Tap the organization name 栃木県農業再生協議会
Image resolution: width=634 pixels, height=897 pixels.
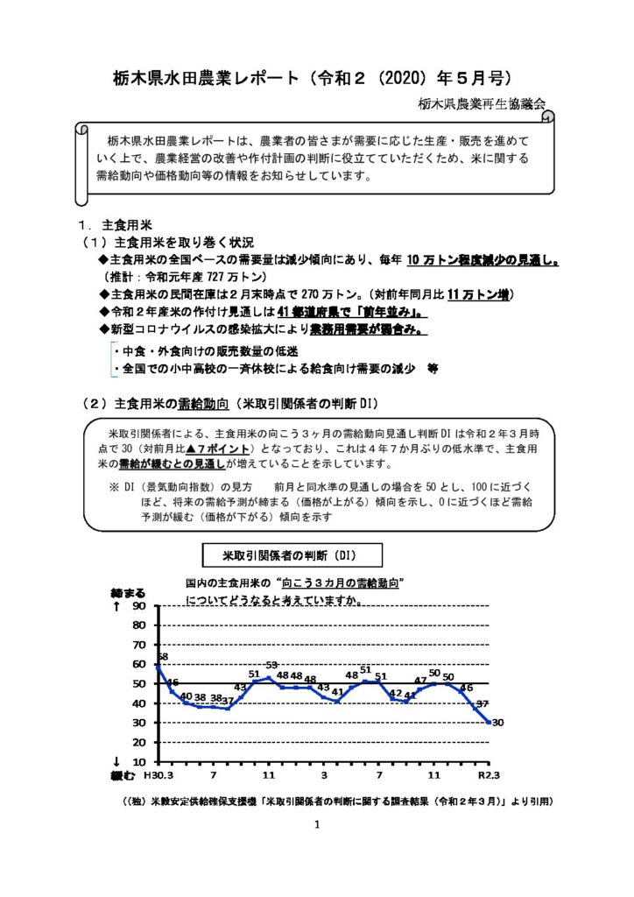click(481, 103)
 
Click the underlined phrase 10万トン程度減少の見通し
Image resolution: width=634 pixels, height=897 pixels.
click(483, 260)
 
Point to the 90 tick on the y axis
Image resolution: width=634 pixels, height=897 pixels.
click(140, 606)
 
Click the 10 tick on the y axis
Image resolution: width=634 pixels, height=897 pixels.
click(140, 761)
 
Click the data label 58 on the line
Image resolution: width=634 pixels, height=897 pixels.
click(162, 656)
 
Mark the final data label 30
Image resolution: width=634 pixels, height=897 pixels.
click(497, 723)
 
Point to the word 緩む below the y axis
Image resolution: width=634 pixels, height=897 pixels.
click(123, 775)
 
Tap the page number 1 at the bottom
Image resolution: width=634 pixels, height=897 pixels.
click(317, 824)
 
